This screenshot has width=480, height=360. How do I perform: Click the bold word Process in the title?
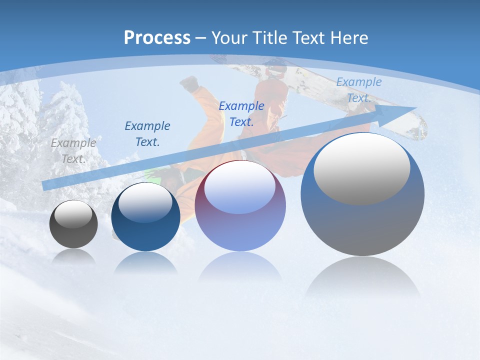point(157,38)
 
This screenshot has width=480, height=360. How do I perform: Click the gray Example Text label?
point(73,150)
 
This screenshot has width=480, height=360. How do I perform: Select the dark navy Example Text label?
point(147,133)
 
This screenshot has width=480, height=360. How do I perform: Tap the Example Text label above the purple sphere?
point(241,113)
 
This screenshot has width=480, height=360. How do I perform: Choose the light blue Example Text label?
point(358,90)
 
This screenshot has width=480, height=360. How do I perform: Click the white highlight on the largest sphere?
point(361,169)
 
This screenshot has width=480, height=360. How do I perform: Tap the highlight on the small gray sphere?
point(73,214)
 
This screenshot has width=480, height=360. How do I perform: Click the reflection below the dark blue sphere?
point(145,262)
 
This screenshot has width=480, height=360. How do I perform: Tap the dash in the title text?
point(201,38)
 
